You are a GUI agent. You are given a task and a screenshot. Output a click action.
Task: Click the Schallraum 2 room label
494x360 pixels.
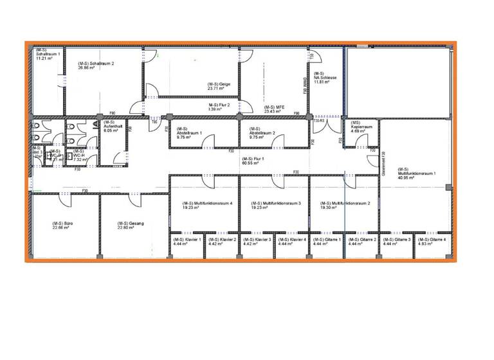(x=96, y=64)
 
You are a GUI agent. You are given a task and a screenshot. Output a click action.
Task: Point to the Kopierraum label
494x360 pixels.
(x=362, y=127)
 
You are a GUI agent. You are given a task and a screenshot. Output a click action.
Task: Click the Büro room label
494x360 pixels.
(x=62, y=224)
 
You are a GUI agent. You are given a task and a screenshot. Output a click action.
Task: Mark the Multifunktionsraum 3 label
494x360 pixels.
(x=275, y=203)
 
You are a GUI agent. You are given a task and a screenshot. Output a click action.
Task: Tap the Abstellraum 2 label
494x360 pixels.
(x=262, y=133)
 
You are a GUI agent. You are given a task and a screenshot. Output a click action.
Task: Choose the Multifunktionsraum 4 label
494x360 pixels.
(x=206, y=203)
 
